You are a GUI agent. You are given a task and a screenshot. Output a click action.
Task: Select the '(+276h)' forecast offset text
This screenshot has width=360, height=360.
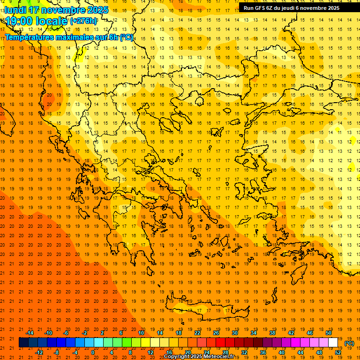point(83,21)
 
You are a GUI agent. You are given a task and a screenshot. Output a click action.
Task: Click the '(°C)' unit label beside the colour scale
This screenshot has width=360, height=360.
point(349,343)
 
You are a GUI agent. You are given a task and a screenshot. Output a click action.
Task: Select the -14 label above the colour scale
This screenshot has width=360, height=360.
point(30,333)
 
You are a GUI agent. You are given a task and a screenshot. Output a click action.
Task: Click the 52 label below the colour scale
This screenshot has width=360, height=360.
point(338,352)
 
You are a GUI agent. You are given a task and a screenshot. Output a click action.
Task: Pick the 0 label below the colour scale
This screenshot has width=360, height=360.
point(93,352)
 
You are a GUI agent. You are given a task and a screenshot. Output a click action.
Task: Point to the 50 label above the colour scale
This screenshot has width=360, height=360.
point(329,333)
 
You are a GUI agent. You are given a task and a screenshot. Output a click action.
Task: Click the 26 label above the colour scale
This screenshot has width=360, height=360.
point(216,333)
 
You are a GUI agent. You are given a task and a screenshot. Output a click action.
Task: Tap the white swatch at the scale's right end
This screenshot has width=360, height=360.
point(333,343)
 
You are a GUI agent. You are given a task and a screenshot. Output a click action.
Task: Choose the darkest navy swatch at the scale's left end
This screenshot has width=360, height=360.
point(23,343)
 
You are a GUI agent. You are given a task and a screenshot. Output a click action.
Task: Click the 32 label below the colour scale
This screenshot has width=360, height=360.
point(244,352)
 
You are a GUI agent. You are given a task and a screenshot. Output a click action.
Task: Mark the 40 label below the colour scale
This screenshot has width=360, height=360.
point(282,352)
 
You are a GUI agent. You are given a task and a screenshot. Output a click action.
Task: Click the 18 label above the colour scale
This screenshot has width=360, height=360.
point(179,333)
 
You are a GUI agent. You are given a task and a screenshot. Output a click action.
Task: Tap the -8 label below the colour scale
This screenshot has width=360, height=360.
point(57,352)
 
